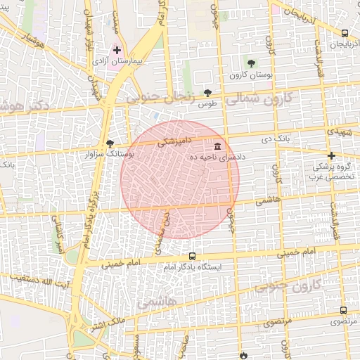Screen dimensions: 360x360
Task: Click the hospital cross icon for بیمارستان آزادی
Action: (117, 51)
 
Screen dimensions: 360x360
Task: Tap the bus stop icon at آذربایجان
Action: (345, 33)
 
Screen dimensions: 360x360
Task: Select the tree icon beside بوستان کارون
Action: (251, 64)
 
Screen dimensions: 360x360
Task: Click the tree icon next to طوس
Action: (207, 92)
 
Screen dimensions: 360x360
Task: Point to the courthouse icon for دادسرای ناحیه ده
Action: (217, 146)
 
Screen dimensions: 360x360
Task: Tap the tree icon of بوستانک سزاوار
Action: (110, 143)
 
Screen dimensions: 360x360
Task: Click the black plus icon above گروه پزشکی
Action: (331, 155)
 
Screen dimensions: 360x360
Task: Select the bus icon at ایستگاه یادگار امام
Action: (193, 257)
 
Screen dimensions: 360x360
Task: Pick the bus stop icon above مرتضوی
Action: (343, 310)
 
